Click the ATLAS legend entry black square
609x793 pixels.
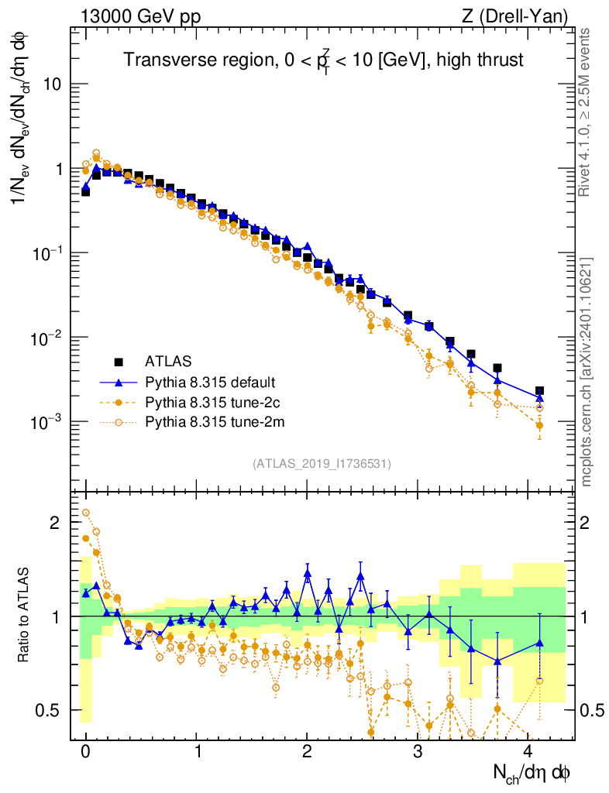[119, 361]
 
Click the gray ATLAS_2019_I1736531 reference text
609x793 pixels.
[322, 464]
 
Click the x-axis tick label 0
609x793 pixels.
[85, 752]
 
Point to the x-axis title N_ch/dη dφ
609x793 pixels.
[532, 772]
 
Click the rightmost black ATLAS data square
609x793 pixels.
[539, 391]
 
